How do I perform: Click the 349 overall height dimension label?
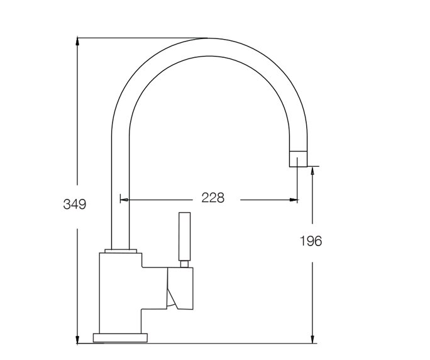[74, 204]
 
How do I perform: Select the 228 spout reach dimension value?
[212, 198]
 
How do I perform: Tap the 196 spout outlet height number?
[310, 240]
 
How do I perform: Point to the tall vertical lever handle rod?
[184, 238]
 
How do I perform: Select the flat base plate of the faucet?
[120, 337]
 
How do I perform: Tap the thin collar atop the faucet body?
[121, 251]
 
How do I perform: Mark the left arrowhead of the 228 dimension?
[124, 200]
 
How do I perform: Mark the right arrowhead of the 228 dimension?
[294, 200]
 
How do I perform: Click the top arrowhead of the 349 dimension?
[77, 42]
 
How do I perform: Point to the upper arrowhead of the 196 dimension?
[312, 171]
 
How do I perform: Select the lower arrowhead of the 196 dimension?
[312, 339]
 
